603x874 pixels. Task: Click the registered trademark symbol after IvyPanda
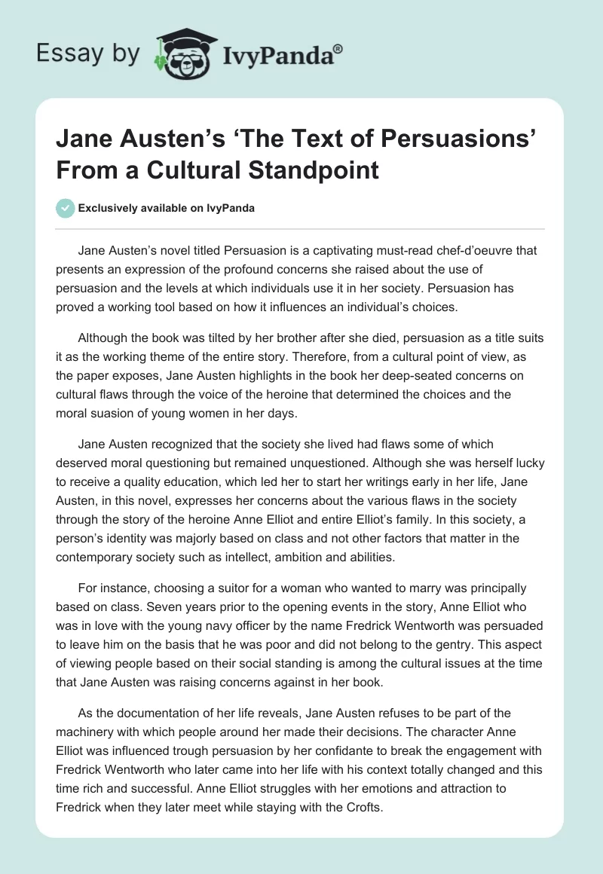tap(338, 48)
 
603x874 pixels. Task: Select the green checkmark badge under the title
tap(66, 208)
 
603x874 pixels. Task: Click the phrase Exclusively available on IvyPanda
tap(166, 208)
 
